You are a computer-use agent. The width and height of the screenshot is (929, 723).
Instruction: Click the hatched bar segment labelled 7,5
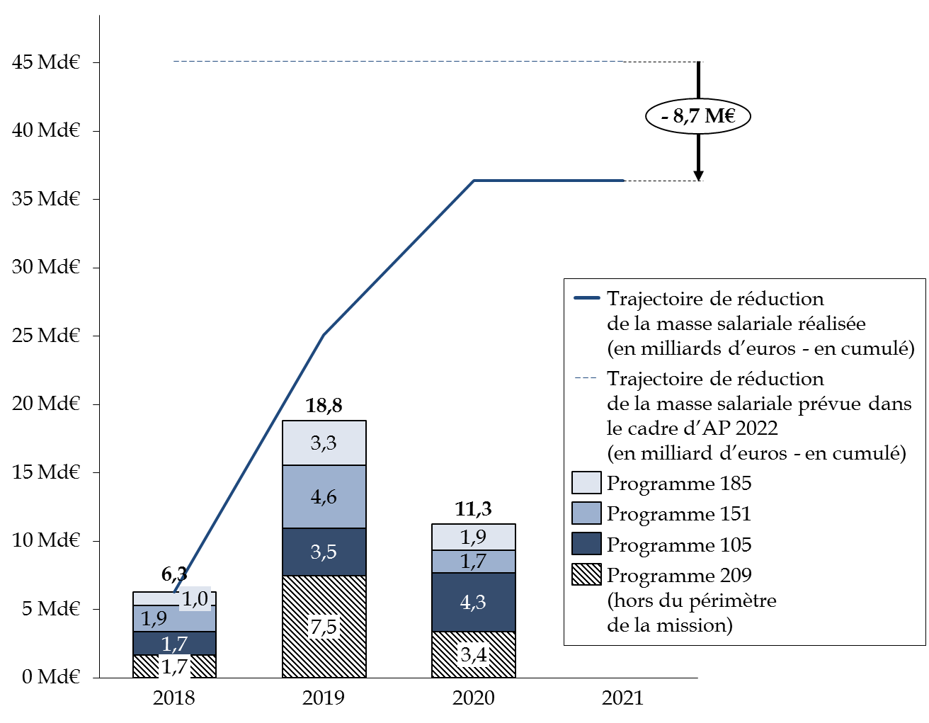[324, 627]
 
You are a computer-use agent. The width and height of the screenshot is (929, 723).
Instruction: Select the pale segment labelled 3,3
[324, 443]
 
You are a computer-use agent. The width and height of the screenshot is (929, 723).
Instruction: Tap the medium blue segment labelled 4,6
[324, 497]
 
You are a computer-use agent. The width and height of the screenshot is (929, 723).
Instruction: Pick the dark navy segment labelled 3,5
[324, 552]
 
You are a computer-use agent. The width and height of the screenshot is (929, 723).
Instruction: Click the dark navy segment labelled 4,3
[473, 602]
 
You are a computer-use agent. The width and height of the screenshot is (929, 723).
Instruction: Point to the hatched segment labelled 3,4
[473, 654]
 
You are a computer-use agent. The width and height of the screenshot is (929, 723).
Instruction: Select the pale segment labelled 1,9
[473, 537]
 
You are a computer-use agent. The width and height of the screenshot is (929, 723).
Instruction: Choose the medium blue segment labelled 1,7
[473, 562]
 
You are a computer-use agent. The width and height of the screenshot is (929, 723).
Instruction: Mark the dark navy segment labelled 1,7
[174, 644]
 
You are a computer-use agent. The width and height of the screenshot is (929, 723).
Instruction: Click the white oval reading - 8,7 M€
[698, 116]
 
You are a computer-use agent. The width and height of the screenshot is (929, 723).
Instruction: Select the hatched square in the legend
[586, 574]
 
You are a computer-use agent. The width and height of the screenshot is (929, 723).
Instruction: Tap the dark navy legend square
[586, 544]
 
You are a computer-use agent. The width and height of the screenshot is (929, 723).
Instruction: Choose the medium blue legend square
[586, 513]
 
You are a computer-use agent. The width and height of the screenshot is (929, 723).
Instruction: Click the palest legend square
[586, 483]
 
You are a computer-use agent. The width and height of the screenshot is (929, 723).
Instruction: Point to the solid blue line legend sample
[586, 298]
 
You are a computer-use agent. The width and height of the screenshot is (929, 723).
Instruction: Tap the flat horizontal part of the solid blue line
[549, 181]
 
